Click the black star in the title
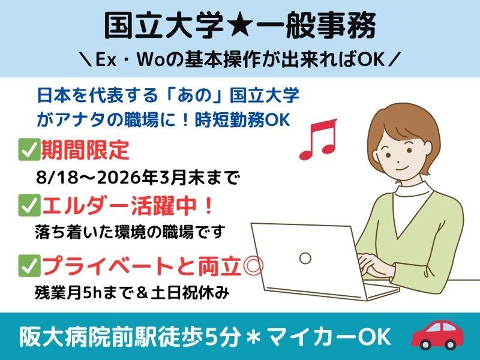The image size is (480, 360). click(x=239, y=26)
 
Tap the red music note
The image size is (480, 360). click(x=319, y=140)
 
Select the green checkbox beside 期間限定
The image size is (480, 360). click(x=29, y=149)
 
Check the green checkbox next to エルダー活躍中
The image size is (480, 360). click(x=29, y=205)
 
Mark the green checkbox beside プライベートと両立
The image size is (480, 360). click(x=29, y=266)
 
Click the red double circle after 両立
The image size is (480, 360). click(x=253, y=266)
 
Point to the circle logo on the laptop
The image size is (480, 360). click(x=305, y=258)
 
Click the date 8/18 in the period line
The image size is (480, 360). click(x=57, y=178)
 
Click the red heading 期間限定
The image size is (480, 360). click(x=85, y=149)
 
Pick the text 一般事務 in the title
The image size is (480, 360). click(x=316, y=26)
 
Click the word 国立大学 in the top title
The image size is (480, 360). click(x=164, y=26)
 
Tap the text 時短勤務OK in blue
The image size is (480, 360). click(x=242, y=120)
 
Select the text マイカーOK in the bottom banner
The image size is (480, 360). click(x=329, y=337)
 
